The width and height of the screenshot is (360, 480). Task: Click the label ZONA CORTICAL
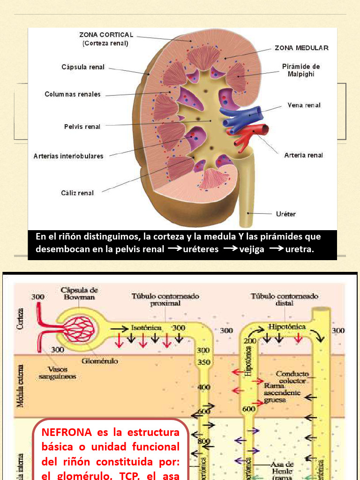[x=106, y=35]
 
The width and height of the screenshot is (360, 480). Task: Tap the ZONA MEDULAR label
[x=301, y=48]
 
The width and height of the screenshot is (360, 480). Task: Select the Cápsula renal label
[x=83, y=67]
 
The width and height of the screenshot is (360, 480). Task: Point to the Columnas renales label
[x=73, y=94]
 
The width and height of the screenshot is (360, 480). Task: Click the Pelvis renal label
[x=82, y=127]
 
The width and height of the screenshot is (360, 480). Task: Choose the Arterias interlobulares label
[x=68, y=156]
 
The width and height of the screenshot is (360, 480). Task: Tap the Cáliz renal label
[x=77, y=193]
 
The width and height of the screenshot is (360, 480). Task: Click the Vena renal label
[x=304, y=105]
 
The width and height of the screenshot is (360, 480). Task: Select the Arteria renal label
[x=303, y=155]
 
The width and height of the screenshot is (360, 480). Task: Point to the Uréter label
[x=285, y=214]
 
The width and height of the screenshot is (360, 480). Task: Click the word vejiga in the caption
[x=252, y=249]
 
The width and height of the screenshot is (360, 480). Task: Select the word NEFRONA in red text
[x=61, y=432]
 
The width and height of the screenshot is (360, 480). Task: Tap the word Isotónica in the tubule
[x=146, y=328]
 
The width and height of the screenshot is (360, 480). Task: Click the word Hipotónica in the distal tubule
[x=287, y=326]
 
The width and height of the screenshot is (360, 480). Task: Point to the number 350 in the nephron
[x=203, y=362]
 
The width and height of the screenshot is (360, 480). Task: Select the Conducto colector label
[x=292, y=377]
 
